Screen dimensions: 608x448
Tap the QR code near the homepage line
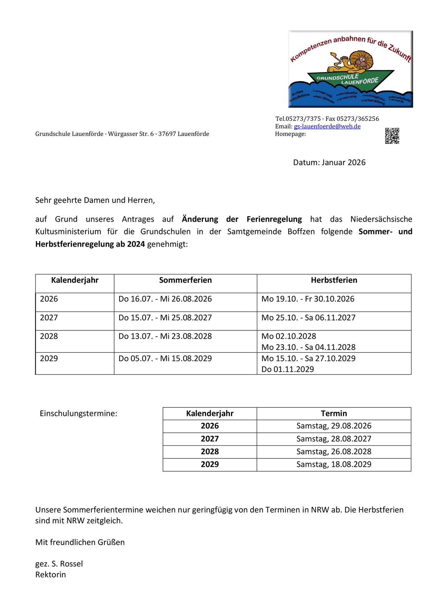click(x=392, y=136)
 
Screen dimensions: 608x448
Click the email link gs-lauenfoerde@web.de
click(x=327, y=126)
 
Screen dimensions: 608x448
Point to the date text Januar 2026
click(x=344, y=162)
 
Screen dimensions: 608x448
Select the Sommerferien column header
click(x=185, y=280)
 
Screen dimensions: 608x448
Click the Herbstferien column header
click(x=334, y=280)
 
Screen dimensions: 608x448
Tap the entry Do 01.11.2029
click(x=287, y=369)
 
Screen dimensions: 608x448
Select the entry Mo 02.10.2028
click(x=289, y=336)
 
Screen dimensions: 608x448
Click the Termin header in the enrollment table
click(x=334, y=413)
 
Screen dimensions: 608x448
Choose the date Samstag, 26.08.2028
click(x=334, y=452)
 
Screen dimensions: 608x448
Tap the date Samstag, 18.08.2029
click(x=334, y=464)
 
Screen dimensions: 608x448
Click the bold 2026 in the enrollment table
click(x=210, y=426)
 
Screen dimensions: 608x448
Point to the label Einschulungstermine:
click(x=78, y=413)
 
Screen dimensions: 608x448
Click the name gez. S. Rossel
click(x=59, y=564)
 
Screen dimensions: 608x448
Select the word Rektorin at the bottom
click(x=51, y=574)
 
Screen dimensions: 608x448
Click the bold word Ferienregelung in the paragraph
click(x=274, y=219)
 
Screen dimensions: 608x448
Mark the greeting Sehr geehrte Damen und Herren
click(x=95, y=200)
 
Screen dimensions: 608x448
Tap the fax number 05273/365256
click(x=357, y=119)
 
